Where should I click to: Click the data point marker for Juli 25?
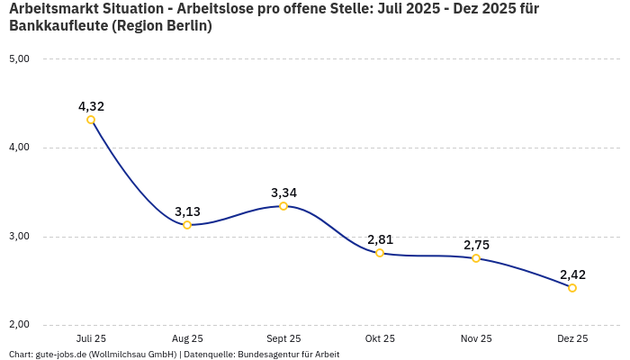[x=91, y=120]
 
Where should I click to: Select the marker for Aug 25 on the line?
[x=187, y=225]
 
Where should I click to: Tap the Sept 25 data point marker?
[x=283, y=206]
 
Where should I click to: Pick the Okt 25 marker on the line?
[x=380, y=253]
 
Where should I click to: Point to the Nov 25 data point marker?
[x=476, y=258]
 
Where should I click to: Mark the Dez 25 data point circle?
[x=572, y=288]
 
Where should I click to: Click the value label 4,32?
[x=91, y=106]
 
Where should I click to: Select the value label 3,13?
[x=187, y=211]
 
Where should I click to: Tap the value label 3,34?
[x=283, y=193]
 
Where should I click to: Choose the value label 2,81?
[x=380, y=239]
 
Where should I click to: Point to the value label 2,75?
[x=476, y=245]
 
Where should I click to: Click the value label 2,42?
[x=572, y=274]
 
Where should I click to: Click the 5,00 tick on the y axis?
[x=19, y=58]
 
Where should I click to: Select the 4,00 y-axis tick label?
[x=19, y=148]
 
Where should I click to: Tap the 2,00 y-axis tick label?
[x=19, y=325]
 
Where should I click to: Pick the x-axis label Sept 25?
[x=283, y=338]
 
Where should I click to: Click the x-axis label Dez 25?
[x=572, y=338]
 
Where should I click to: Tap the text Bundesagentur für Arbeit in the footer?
[x=288, y=355]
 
